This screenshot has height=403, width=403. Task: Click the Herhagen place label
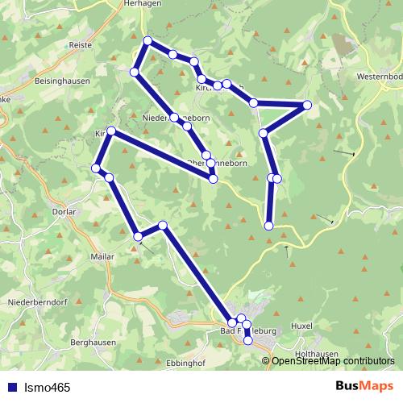click(x=144, y=4)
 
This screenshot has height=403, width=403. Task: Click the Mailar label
click(x=103, y=256)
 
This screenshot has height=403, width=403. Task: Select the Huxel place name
click(x=301, y=326)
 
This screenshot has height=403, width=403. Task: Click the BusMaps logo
click(x=363, y=387)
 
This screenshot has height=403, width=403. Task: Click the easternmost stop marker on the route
click(x=307, y=105)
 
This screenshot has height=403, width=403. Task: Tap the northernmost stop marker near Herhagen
click(x=147, y=40)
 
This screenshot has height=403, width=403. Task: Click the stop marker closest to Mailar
click(x=138, y=236)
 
